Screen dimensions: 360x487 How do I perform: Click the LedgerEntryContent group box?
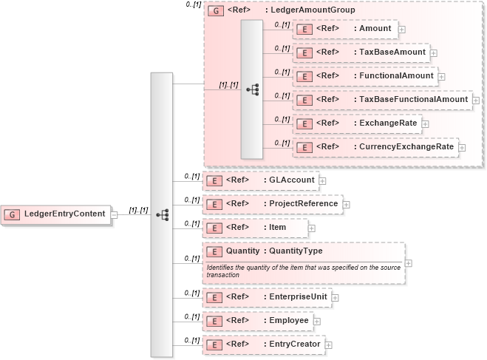pos(57,214)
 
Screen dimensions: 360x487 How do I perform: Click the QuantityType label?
pos(296,251)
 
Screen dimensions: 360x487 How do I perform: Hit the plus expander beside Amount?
pos(402,29)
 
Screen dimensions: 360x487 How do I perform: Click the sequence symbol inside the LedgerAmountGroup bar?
pos(252,89)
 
